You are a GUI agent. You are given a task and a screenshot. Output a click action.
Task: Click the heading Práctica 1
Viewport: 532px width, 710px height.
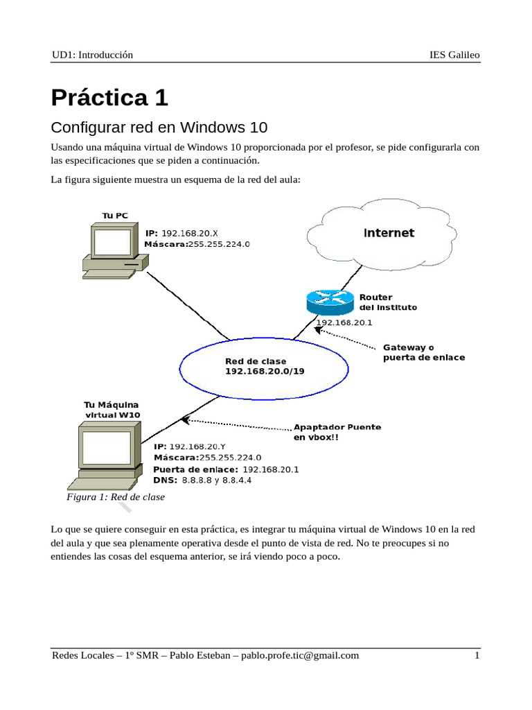coord(109,98)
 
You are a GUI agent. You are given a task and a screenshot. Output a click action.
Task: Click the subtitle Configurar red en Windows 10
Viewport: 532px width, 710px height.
coord(159,128)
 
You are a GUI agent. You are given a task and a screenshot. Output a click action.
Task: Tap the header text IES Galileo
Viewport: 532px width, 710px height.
coord(454,55)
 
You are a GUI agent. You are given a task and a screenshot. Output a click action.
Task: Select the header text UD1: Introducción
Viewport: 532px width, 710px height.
coord(92,55)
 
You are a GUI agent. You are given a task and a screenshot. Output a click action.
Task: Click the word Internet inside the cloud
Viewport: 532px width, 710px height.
coord(389,233)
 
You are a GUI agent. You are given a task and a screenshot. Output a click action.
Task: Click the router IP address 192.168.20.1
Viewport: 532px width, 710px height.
coord(344,322)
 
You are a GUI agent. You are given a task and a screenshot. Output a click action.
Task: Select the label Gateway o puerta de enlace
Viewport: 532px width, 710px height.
coord(423,352)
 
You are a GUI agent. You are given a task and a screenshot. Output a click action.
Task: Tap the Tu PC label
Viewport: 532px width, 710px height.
coord(115,216)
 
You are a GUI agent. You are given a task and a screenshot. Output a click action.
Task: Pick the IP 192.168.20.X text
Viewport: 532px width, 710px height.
coord(181,233)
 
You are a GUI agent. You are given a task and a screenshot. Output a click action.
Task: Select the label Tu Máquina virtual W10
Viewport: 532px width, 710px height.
coord(112,409)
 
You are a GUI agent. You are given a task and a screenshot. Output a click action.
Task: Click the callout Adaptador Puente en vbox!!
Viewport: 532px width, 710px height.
coord(337,433)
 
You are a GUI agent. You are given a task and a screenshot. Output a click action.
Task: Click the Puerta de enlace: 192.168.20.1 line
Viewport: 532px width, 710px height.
coord(225,469)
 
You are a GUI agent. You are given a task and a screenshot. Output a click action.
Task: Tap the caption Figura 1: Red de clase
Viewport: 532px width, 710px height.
coord(115,497)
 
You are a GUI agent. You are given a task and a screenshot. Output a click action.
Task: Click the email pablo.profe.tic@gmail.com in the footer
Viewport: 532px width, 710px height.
coord(300,655)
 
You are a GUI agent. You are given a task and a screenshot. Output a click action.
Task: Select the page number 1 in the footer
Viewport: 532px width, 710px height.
coord(477,655)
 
